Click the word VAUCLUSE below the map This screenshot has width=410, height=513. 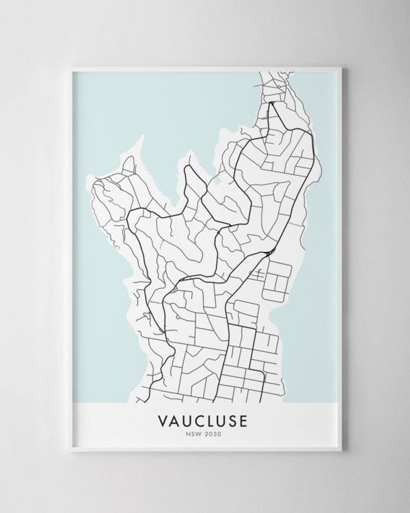[x=205, y=419]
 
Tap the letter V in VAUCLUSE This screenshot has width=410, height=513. [x=163, y=419]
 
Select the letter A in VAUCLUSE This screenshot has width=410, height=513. [x=175, y=419]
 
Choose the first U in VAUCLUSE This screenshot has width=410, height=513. [x=187, y=419]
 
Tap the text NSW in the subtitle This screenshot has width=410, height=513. [x=194, y=432]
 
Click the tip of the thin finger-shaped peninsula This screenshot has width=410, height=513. [x=143, y=137]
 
